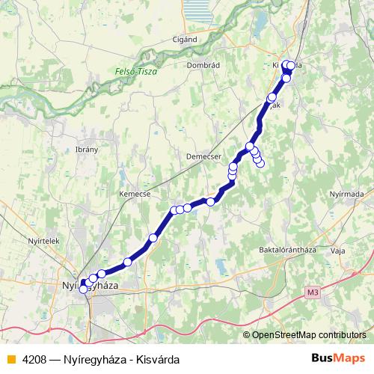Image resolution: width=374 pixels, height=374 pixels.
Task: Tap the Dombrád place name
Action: pyautogui.click(x=205, y=65)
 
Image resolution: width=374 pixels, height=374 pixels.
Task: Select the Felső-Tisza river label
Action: pyautogui.click(x=132, y=72)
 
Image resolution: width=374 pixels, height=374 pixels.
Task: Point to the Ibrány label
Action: pyautogui.click(x=87, y=150)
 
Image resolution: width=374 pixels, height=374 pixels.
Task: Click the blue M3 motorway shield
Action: pyautogui.click(x=312, y=293)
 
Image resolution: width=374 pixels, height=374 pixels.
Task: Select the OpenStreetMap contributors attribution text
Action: pyautogui.click(x=309, y=335)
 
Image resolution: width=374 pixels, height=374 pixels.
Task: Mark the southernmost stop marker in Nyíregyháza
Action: pyautogui.click(x=83, y=290)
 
